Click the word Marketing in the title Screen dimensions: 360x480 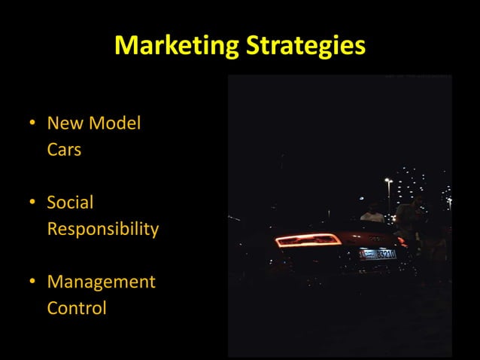175,46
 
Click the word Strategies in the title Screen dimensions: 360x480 304,46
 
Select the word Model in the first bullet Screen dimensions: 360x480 116,123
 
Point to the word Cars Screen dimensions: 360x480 64,149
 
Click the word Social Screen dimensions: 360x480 70,203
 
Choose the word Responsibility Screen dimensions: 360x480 103,229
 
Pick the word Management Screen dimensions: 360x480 101,282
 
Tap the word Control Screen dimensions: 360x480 77,308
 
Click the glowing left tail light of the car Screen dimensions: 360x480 307,240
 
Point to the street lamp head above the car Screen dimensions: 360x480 387,181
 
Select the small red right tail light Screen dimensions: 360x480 402,242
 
